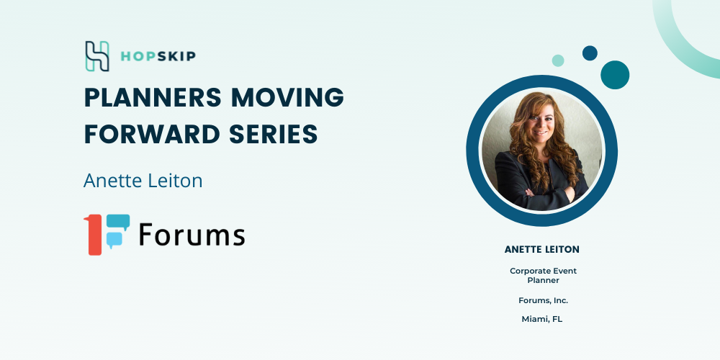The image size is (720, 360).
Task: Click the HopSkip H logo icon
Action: (97, 56)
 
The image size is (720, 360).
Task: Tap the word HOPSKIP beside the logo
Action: (158, 56)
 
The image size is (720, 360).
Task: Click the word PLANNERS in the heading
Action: (153, 97)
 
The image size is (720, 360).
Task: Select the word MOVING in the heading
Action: (287, 97)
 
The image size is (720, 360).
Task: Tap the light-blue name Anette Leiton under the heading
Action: (143, 181)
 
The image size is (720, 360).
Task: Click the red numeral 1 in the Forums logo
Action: (94, 235)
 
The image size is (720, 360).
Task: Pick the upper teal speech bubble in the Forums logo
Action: (117, 222)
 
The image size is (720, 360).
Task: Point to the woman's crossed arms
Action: (548, 191)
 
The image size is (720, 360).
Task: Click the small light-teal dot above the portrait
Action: (558, 60)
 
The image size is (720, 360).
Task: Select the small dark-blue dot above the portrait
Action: (590, 53)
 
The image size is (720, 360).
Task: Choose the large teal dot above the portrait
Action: (615, 75)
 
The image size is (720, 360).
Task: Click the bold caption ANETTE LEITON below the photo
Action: (542, 249)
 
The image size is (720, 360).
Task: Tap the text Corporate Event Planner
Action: (543, 276)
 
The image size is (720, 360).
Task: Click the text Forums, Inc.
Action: (543, 300)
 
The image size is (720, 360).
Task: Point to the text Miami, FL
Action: (542, 319)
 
